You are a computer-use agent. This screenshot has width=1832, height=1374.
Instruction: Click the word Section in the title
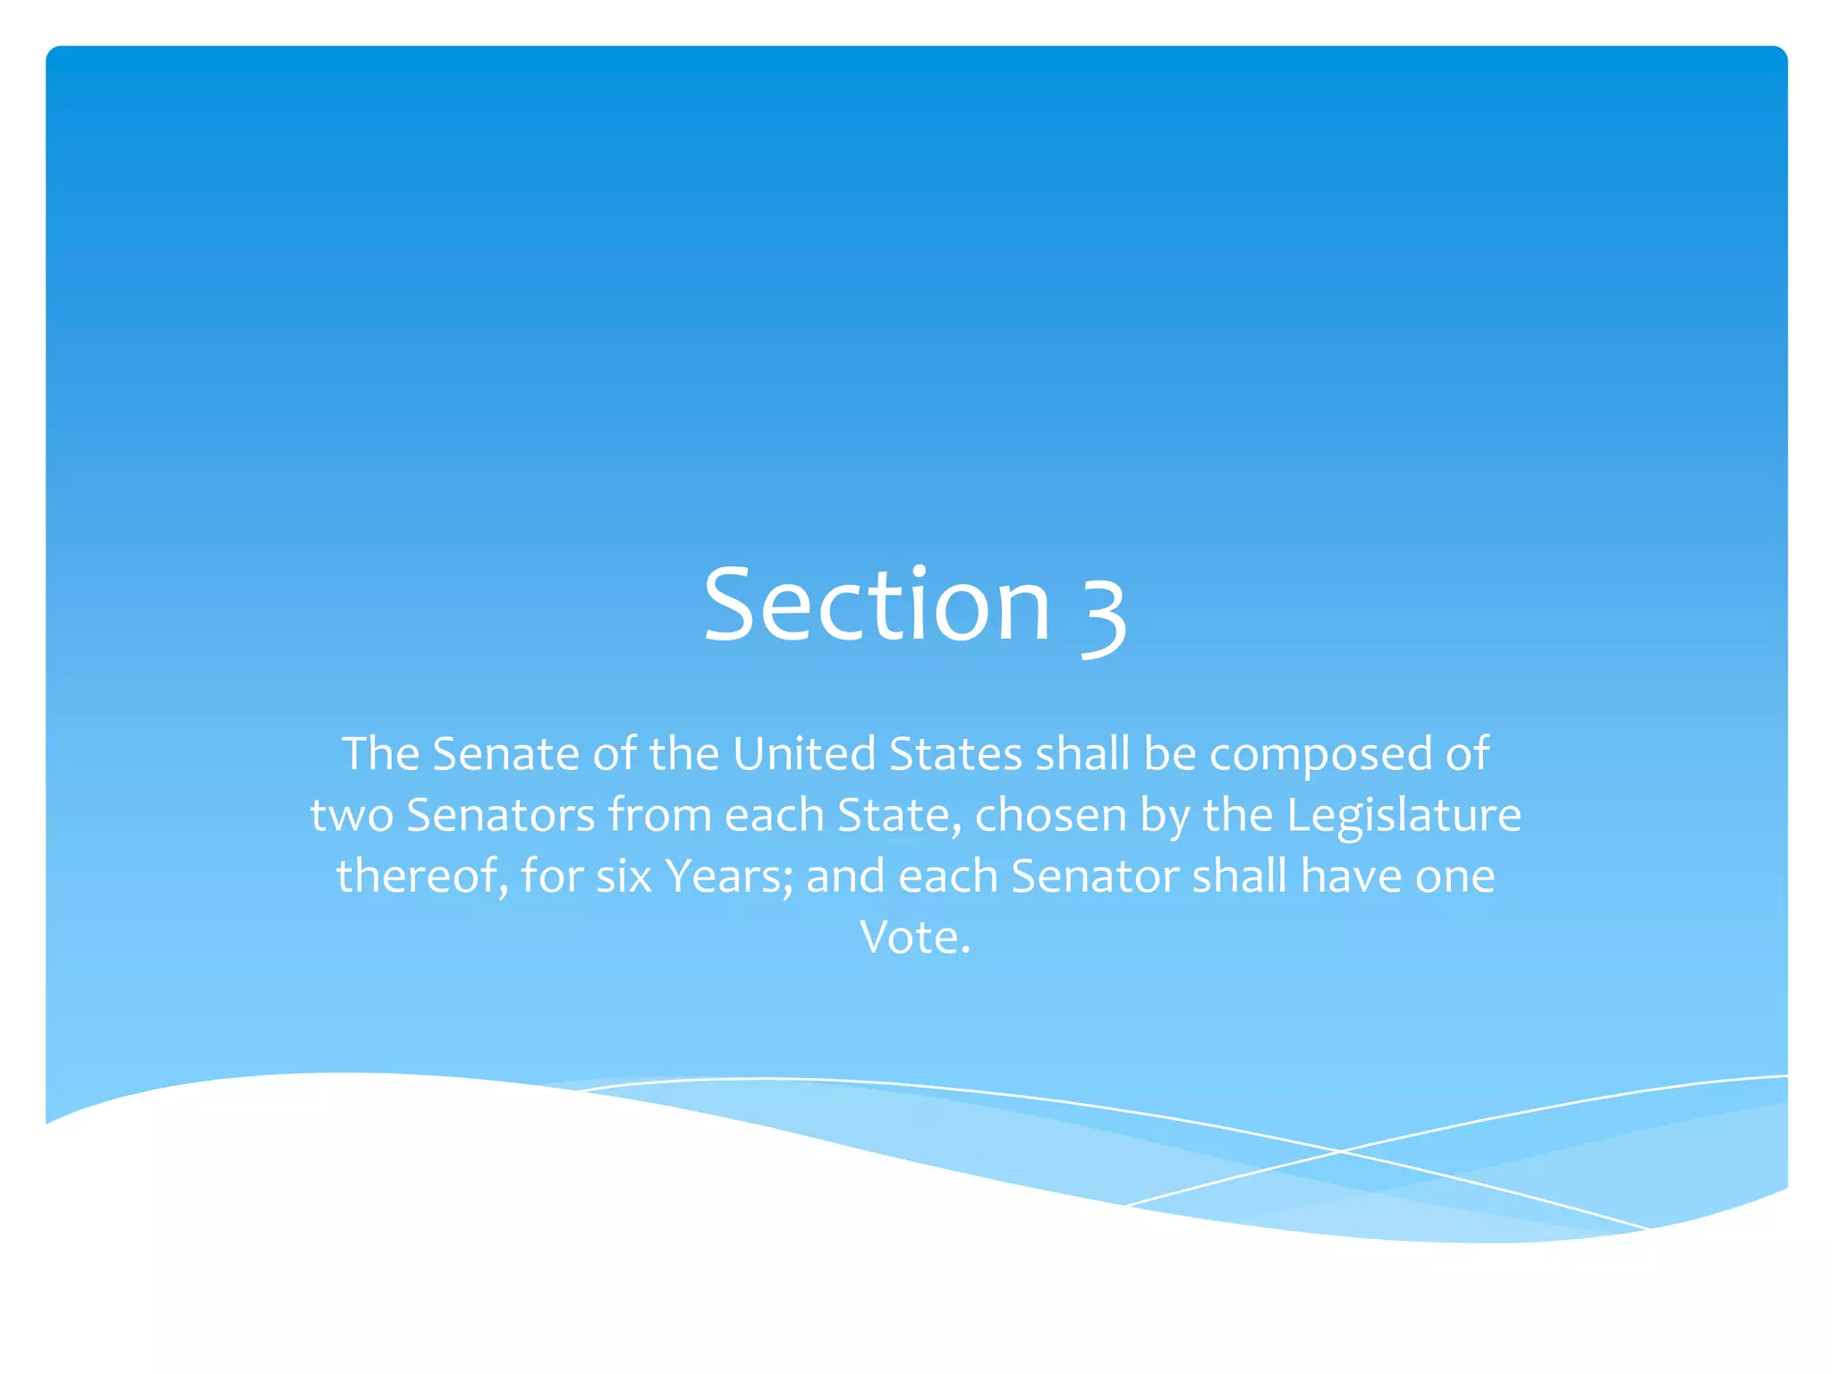(x=877, y=606)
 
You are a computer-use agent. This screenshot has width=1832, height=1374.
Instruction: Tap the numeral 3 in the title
(x=1103, y=611)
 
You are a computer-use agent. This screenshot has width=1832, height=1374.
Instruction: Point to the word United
(x=804, y=754)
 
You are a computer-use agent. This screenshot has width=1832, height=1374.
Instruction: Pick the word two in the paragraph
(x=352, y=816)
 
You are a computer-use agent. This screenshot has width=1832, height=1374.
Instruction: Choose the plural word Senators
(x=501, y=816)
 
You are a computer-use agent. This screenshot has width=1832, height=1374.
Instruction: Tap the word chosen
(x=1050, y=816)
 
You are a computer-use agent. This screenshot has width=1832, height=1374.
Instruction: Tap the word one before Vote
(x=1455, y=877)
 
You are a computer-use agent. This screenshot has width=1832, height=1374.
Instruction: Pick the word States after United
(x=955, y=754)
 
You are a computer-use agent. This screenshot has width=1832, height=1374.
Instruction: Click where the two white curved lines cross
(x=1340, y=1151)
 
